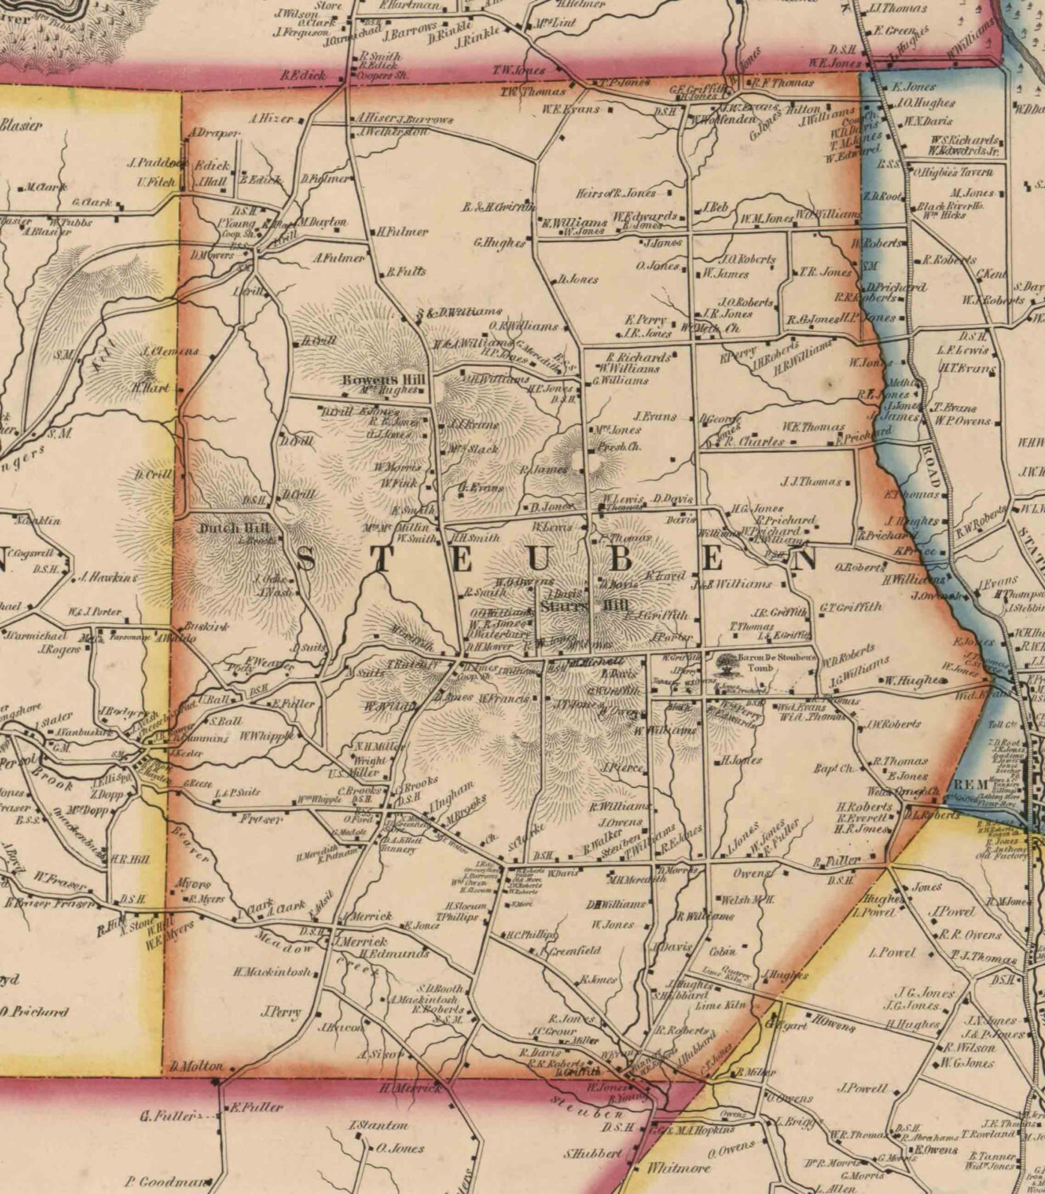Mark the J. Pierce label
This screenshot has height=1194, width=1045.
(626, 768)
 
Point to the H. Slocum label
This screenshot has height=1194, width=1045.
(461, 906)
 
